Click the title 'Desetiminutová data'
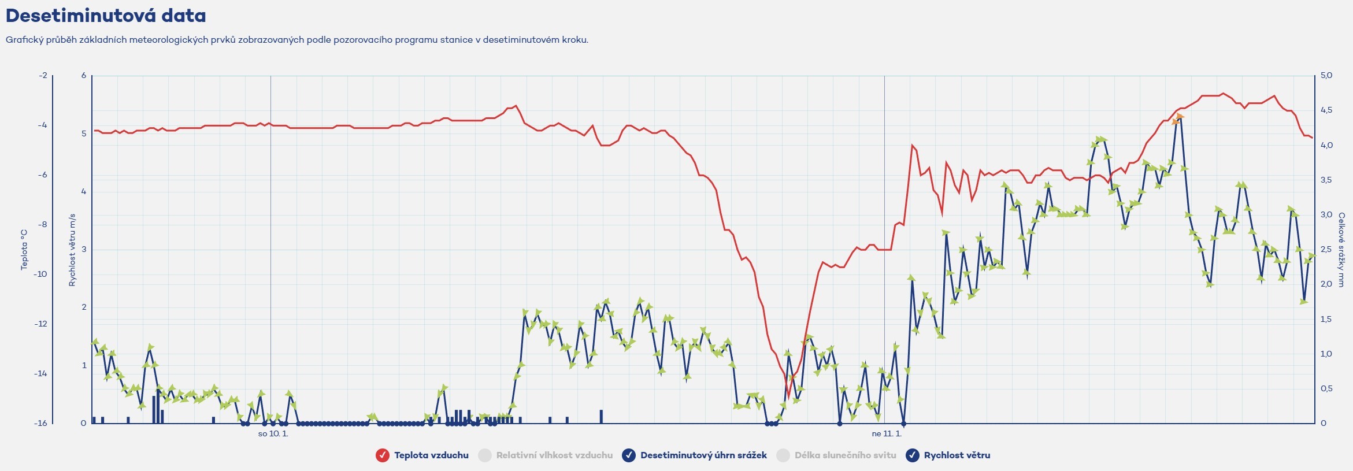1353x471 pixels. coord(106,16)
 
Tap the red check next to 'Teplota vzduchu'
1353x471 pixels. coord(382,455)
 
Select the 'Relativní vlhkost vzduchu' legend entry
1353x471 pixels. coord(554,455)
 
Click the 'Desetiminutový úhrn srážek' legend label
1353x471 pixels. coord(703,455)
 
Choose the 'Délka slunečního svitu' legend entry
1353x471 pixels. coord(844,455)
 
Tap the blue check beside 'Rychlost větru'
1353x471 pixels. coord(912,455)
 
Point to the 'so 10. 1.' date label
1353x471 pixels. coord(273,434)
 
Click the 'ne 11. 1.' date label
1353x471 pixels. coord(886,434)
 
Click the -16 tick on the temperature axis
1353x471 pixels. coord(40,423)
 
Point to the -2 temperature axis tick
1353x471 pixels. coord(43,76)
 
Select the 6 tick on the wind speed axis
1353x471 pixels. coord(84,76)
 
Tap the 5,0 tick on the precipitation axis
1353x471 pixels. coord(1326,76)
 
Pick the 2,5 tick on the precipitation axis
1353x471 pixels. coord(1326,250)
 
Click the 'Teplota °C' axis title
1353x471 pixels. coord(24,250)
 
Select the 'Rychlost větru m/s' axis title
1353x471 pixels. coord(72,250)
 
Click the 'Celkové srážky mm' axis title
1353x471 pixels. coord(1341,250)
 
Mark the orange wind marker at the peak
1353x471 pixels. coord(1177,119)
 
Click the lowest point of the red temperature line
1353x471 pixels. coord(788,397)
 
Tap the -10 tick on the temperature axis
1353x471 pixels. coord(40,274)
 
